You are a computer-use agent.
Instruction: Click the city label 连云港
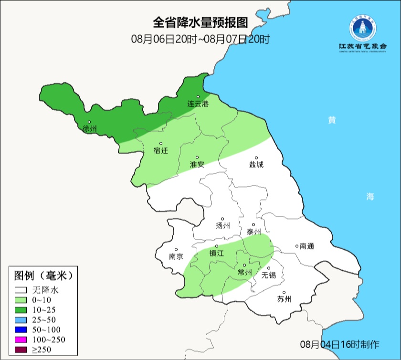point(198,104)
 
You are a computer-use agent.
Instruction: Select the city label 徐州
point(90,129)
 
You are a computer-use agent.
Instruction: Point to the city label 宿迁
point(161,151)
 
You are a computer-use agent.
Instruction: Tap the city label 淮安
point(197,164)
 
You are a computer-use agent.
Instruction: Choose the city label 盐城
point(256,165)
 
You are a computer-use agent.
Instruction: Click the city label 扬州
point(222,226)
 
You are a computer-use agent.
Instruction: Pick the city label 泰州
point(253,232)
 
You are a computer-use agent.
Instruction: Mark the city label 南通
point(307,246)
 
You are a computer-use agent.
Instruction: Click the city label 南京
point(176,256)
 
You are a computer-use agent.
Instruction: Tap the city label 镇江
point(217,254)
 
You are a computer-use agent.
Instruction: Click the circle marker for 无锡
point(268,268)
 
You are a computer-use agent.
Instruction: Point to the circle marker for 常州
point(244,265)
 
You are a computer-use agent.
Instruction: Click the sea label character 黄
point(331,120)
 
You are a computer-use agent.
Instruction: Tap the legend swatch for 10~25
point(21,309)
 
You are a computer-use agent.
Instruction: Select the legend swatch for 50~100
point(21,329)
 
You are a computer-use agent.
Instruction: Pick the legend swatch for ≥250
point(21,349)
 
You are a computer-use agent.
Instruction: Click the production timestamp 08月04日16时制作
point(339,344)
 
